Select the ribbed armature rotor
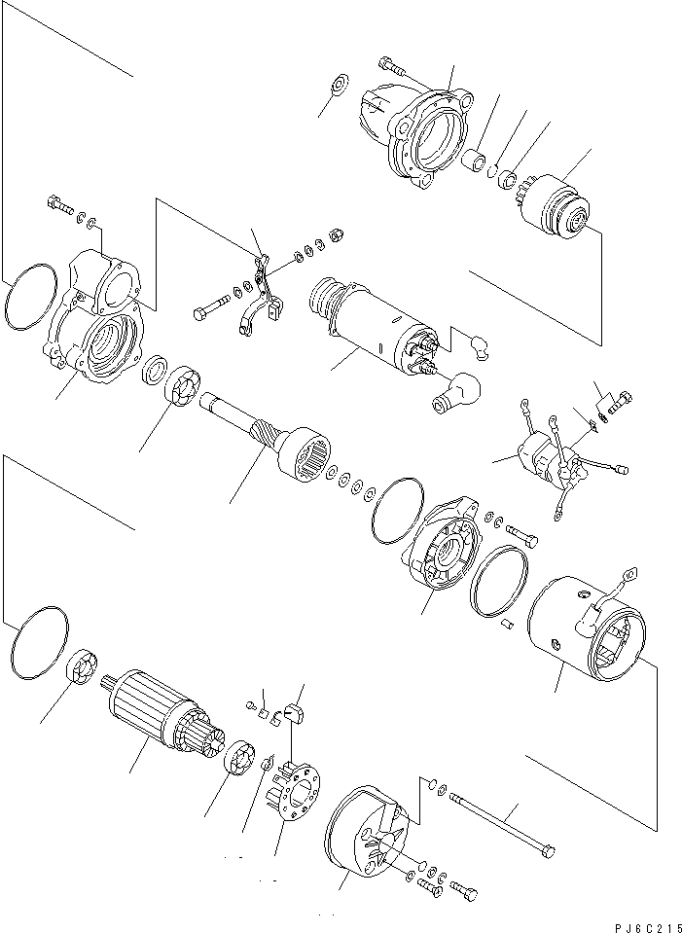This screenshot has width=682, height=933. (151, 713)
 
